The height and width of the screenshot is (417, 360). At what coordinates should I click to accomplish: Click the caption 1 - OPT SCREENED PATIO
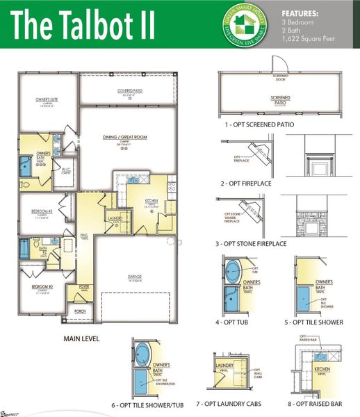[x=259, y=124]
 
